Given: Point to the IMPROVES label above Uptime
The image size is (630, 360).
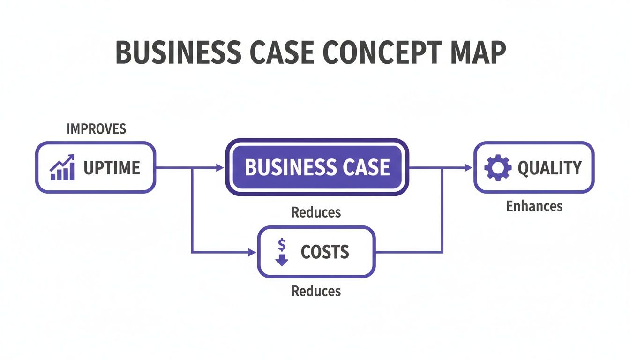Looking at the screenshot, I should point(97,129).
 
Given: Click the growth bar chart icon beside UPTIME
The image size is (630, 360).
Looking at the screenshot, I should point(62,168).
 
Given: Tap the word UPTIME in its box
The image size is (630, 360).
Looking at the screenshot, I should point(112,168).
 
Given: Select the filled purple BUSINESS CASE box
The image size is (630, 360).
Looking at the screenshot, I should point(317,167).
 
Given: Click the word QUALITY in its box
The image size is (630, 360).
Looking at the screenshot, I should point(549,168).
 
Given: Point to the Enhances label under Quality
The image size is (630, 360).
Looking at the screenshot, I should point(534,206).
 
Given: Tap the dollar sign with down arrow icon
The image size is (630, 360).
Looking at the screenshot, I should point(282,252).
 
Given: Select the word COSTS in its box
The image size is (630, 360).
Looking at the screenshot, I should point(325,252).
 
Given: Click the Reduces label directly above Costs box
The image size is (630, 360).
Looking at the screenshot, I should point(316,212).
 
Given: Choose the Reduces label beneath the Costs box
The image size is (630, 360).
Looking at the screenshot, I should point(316,291).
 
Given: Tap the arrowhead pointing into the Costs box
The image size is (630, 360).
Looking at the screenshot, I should point(252,253).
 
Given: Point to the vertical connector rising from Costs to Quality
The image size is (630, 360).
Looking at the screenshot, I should point(443,211).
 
